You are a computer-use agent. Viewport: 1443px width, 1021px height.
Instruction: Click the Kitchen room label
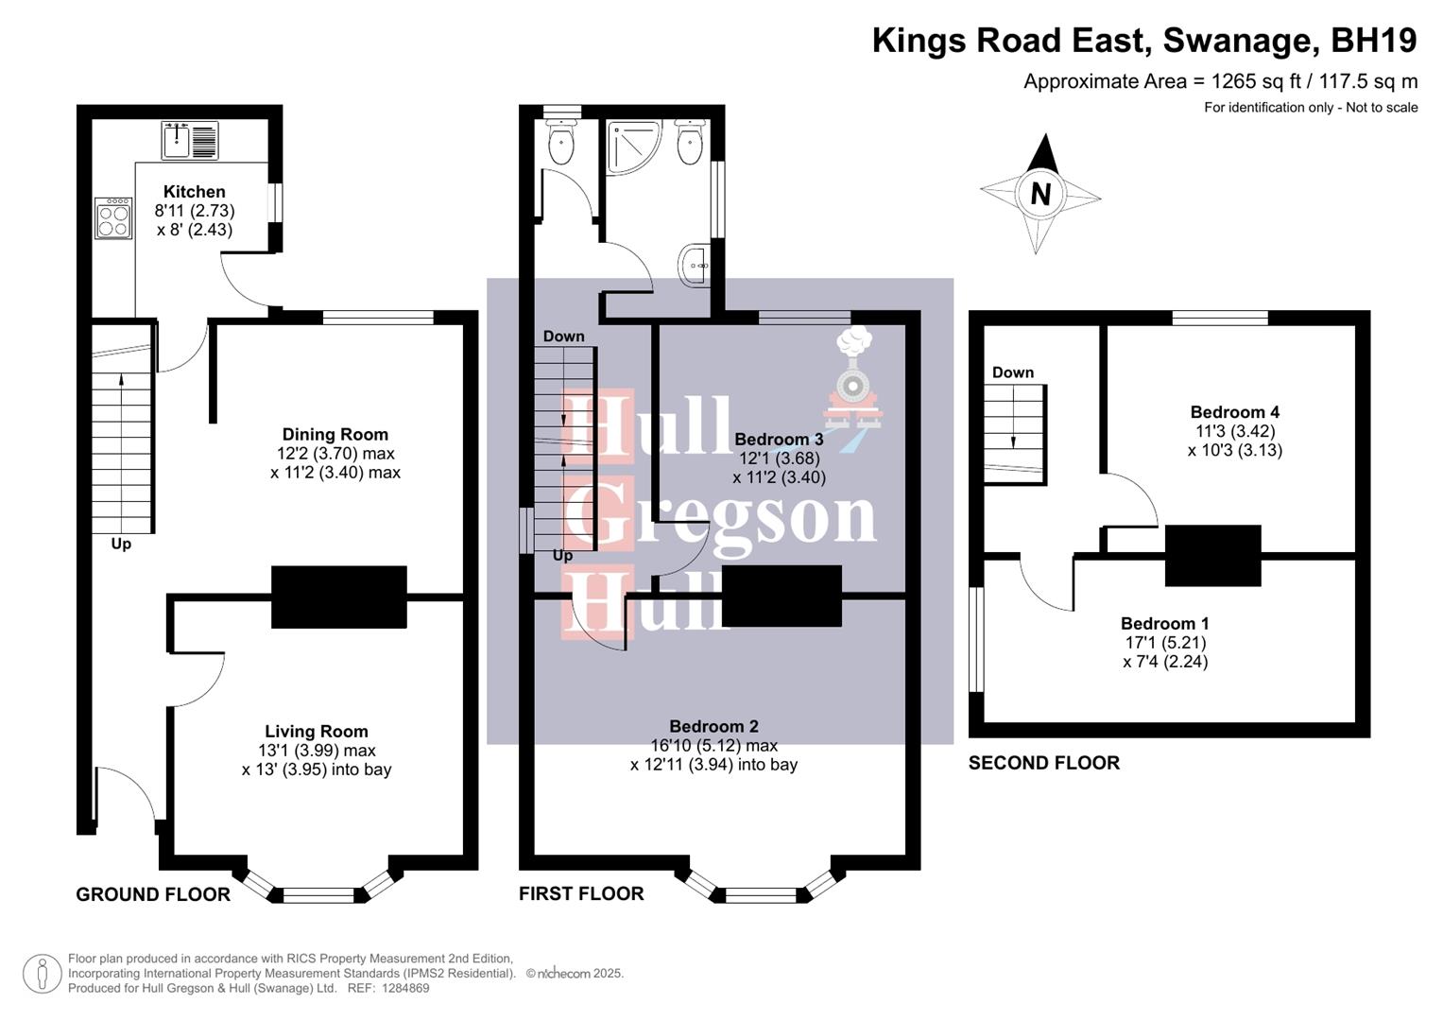194,192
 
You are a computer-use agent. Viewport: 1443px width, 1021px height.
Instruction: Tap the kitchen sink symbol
190,140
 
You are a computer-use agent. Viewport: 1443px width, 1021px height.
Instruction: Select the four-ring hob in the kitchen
113,218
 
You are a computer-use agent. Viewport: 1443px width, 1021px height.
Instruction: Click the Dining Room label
335,435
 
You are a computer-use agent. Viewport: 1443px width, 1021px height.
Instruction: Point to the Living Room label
316,732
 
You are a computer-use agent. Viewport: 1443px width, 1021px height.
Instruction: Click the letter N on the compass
1040,194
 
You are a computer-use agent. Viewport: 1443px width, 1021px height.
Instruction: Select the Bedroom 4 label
1234,412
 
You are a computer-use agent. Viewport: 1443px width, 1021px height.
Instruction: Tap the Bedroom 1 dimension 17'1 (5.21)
1165,643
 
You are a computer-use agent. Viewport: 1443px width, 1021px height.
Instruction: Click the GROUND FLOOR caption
153,894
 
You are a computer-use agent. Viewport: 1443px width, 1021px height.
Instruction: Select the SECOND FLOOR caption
1043,763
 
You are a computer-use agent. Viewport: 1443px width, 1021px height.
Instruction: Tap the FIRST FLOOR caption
581,894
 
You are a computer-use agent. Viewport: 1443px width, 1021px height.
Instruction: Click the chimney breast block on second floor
1212,555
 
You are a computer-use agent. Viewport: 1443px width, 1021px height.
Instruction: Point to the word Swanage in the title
1241,41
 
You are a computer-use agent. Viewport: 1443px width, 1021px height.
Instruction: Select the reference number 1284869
404,988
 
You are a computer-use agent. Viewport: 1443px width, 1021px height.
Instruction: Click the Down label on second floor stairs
1012,372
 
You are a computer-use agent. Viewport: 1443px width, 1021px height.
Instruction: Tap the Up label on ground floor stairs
121,545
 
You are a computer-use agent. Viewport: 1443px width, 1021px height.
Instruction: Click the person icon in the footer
42,974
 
